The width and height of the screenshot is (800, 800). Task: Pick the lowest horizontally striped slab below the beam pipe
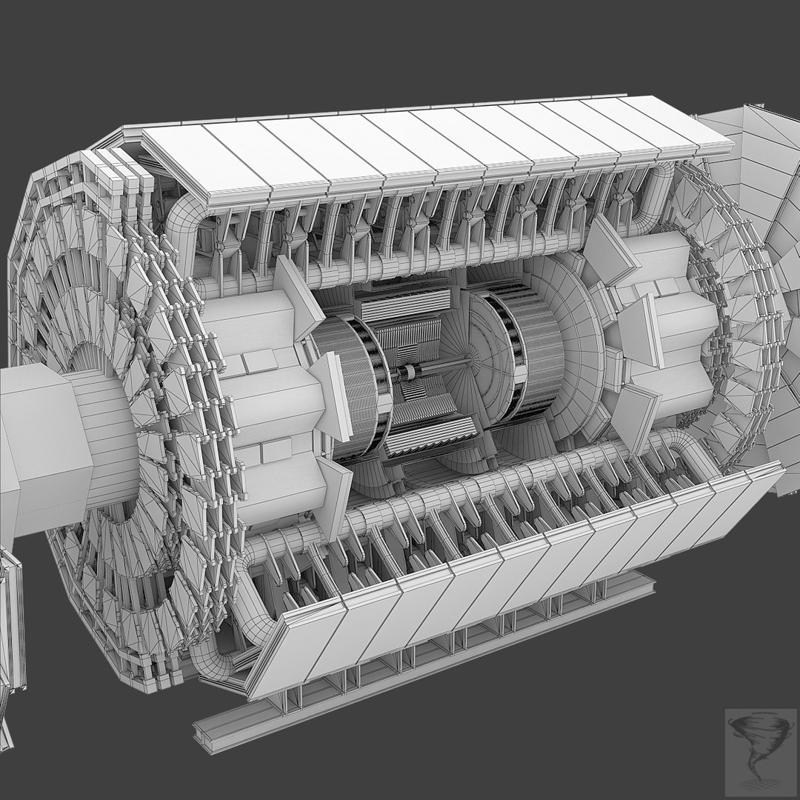click(x=430, y=437)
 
